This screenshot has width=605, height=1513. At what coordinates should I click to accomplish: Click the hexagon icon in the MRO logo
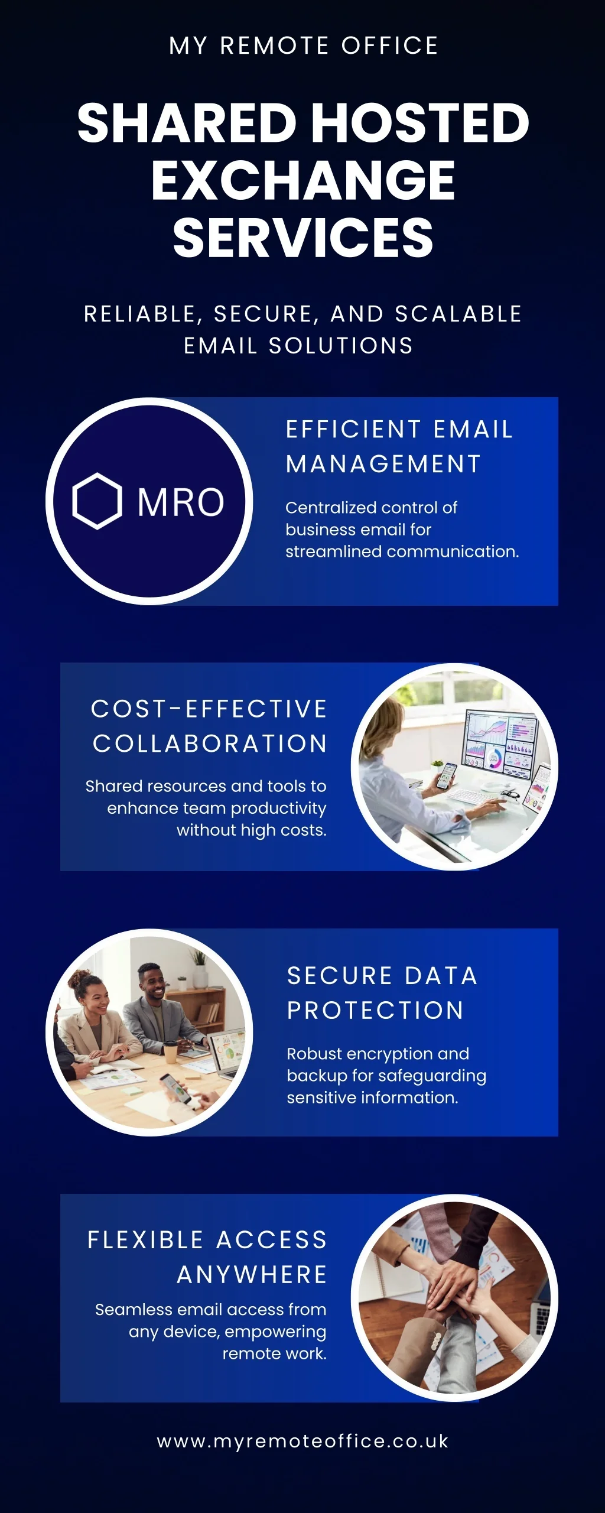[x=97, y=501]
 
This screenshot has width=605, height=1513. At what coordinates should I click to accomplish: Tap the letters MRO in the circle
[x=181, y=502]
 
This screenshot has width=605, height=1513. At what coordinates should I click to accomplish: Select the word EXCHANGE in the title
[x=303, y=180]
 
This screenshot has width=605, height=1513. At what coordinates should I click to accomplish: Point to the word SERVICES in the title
[x=303, y=238]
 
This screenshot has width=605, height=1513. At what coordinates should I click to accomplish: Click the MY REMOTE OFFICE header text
[x=304, y=46]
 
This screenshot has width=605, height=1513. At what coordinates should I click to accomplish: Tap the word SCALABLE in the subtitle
[x=458, y=314]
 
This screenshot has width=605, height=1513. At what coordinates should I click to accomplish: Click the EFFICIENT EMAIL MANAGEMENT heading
[x=399, y=447]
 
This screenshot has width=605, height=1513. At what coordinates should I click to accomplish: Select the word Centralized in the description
[x=331, y=508]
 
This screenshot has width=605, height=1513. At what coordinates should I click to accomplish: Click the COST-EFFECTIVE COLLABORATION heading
[x=209, y=726]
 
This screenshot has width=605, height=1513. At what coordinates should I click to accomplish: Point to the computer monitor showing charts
[x=502, y=739]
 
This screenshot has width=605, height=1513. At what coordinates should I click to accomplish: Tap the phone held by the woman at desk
[x=447, y=775]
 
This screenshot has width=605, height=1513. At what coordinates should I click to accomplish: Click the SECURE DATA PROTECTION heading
[x=382, y=993]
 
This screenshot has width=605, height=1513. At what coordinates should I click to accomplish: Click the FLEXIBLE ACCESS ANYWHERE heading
[x=207, y=1257]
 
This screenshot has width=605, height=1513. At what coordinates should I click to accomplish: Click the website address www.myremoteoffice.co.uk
[x=302, y=1441]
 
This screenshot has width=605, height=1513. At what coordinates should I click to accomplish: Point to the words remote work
[x=275, y=1353]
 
